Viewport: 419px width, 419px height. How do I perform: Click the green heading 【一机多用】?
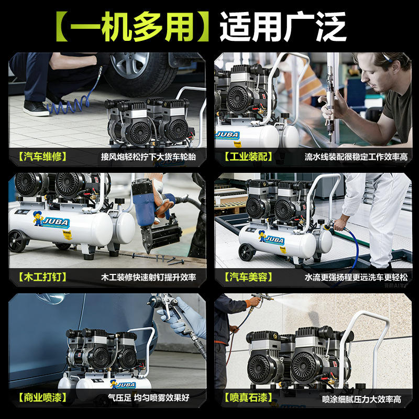133,27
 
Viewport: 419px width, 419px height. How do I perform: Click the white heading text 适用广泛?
283,27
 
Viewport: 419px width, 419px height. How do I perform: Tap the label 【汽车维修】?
43,157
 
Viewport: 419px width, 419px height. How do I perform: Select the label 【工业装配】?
248,157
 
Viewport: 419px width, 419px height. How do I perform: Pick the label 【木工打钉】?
43,277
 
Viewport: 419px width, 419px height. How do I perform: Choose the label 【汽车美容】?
248,277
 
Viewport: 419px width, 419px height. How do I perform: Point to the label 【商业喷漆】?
43,398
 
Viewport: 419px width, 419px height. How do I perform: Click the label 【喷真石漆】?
248,398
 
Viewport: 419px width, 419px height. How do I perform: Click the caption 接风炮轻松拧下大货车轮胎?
148,157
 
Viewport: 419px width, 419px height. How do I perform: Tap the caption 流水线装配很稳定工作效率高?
356,157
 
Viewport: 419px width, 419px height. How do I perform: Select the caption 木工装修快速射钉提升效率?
148,277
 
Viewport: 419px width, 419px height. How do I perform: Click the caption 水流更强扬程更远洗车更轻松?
356,277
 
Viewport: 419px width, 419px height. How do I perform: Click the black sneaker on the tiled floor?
36,108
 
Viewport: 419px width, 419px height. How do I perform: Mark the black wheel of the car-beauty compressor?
246,252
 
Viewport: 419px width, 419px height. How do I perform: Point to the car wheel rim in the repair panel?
129,64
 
